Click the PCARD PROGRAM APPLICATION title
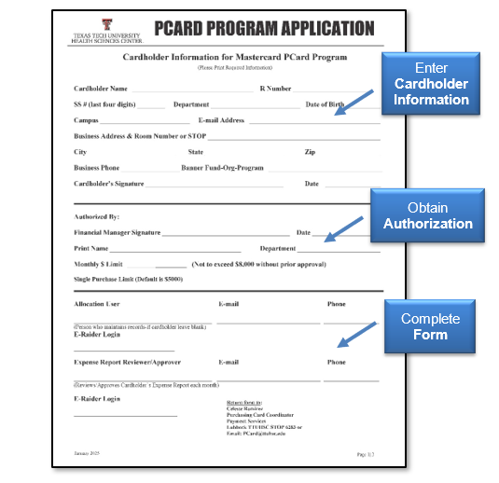click(x=264, y=28)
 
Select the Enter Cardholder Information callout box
click(x=431, y=84)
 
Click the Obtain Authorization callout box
click(x=427, y=215)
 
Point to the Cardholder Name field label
click(x=101, y=89)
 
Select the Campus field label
click(x=86, y=120)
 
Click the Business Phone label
click(x=97, y=168)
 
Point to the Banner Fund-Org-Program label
click(x=222, y=168)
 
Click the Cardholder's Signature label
click(x=108, y=184)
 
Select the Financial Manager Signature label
click(x=117, y=232)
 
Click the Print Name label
click(x=90, y=249)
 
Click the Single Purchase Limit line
click(x=128, y=279)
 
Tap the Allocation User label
click(x=97, y=304)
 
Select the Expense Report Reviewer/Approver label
click(x=127, y=362)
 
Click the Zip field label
click(x=310, y=152)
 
